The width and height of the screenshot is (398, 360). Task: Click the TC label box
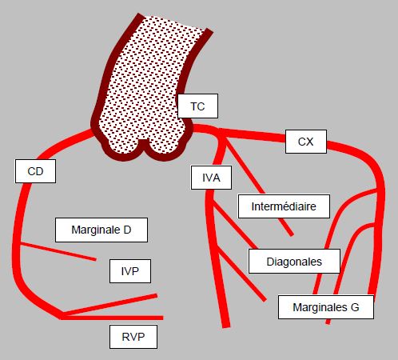point(197,106)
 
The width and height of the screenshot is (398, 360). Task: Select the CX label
point(306,142)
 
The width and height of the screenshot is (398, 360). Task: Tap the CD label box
point(35,171)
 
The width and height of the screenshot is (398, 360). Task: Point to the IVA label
point(211,178)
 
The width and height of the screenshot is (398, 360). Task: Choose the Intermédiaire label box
point(284,206)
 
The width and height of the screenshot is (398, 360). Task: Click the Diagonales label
point(294,262)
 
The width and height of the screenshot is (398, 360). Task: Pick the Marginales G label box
point(326,307)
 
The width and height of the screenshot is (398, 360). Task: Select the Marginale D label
point(101,230)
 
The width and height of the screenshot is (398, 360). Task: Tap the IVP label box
point(130,271)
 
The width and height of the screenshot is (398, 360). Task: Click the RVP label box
point(133,337)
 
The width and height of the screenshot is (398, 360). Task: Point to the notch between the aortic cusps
point(144,142)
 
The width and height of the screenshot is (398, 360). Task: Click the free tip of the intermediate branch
point(292,234)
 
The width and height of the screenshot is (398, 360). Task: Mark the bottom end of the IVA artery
point(226,326)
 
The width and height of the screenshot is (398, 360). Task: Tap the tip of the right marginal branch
point(95,259)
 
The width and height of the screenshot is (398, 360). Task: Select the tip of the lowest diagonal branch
point(265,300)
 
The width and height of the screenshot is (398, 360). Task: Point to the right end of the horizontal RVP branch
point(162,318)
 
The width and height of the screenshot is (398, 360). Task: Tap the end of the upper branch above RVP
point(157,295)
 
